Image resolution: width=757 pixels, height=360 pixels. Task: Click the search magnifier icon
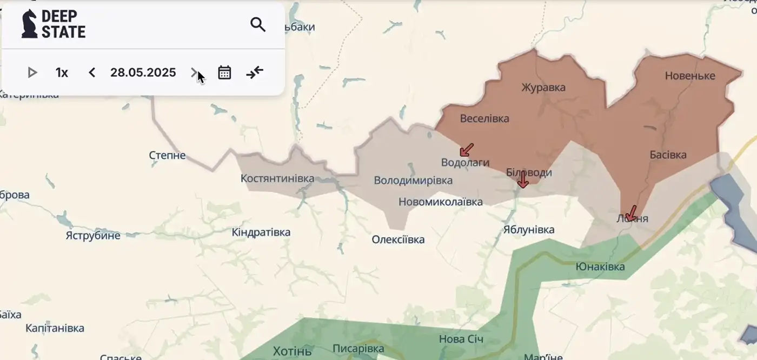(258, 24)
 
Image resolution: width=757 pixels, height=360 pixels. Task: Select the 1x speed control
(62, 72)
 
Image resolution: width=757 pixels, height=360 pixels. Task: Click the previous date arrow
(92, 72)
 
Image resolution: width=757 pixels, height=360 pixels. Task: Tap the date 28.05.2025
(143, 72)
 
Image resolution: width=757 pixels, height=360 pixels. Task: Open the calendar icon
(224, 72)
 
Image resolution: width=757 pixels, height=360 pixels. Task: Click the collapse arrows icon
(255, 72)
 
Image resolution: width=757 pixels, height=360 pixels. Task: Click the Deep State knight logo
(29, 24)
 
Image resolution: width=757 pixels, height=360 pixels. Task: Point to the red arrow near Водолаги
(466, 150)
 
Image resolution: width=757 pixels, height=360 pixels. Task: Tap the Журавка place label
(543, 88)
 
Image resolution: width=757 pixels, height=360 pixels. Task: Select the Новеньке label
(690, 76)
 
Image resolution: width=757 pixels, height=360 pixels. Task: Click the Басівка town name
(668, 155)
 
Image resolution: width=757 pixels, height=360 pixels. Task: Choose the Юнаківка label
(600, 266)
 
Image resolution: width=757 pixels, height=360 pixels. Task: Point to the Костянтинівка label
(277, 178)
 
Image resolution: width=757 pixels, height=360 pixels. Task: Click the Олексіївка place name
(398, 239)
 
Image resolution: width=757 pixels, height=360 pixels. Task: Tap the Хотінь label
(293, 351)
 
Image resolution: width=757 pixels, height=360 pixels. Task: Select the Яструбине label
(93, 236)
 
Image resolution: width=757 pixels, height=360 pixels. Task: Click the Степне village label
(167, 156)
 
